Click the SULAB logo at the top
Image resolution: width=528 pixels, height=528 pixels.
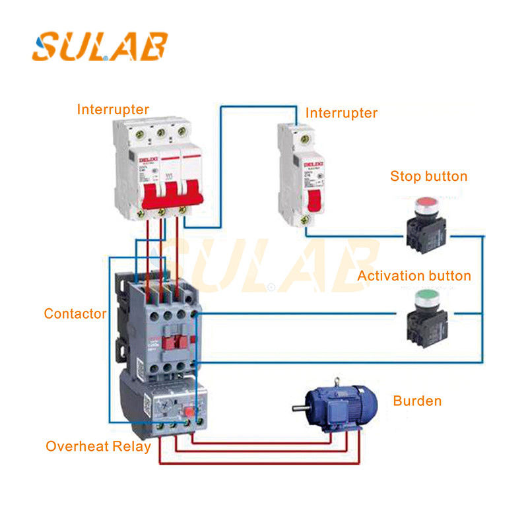100,46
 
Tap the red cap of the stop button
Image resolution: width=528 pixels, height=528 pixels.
426,202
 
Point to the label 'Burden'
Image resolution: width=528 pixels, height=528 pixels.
417,401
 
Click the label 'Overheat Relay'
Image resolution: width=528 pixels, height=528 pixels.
98,447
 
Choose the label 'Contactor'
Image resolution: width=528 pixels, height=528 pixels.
75,313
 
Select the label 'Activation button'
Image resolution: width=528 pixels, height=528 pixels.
414,276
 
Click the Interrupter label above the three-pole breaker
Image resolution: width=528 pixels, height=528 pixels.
113,109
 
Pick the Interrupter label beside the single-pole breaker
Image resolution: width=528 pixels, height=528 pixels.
341,113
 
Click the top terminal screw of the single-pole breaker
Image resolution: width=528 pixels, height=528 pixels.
304,139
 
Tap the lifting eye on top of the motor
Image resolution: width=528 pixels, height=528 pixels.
337,381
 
